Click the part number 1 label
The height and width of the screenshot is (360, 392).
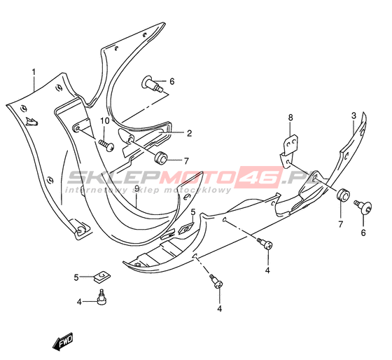tap(34, 72)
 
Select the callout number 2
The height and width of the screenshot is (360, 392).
tap(189, 133)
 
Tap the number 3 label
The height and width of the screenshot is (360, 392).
tap(353, 116)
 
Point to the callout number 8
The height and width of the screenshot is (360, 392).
tap(290, 118)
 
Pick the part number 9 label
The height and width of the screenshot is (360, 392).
tap(136, 188)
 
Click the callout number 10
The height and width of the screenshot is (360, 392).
tap(105, 121)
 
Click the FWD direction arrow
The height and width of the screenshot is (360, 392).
tap(62, 342)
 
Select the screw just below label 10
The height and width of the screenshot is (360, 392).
tap(106, 145)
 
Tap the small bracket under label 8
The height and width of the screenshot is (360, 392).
tap(288, 151)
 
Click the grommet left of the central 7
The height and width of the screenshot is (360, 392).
tap(160, 158)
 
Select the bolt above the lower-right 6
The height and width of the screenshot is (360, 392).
tap(363, 207)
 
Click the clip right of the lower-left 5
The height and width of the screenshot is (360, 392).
tap(102, 277)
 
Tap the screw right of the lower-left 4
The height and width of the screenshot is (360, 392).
tap(101, 297)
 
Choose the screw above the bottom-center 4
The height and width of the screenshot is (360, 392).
tap(216, 281)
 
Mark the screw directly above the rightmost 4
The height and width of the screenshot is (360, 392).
tap(265, 244)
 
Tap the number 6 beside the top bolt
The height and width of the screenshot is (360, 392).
tap(171, 81)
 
